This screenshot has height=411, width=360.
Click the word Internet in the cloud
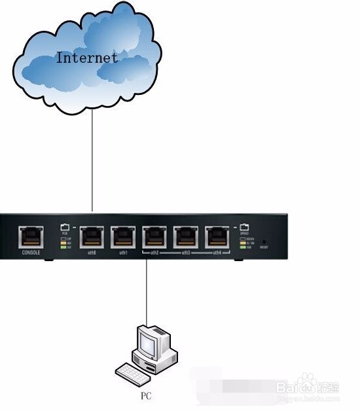tap(87, 58)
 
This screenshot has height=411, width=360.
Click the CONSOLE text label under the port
tap(31, 252)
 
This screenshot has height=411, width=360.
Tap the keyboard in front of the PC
tap(132, 374)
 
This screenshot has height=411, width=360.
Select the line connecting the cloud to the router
tap(92, 164)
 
